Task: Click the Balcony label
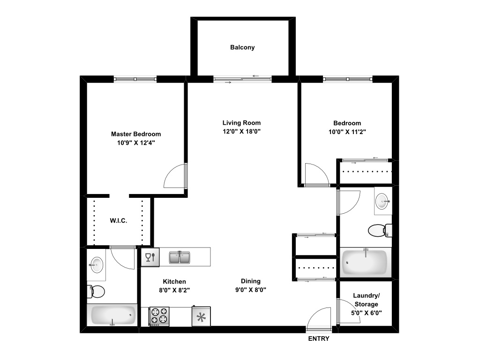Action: (x=242, y=47)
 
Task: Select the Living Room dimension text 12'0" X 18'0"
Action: (x=241, y=131)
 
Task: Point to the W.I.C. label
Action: (x=119, y=220)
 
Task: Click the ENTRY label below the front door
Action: (x=318, y=339)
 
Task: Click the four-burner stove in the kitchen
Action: (x=159, y=316)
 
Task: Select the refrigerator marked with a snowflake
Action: (x=201, y=316)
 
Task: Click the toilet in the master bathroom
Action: (x=96, y=291)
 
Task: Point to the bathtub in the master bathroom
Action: (x=112, y=315)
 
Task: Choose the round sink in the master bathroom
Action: (x=96, y=265)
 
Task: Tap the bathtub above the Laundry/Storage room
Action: (x=365, y=262)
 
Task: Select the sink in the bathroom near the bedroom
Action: (x=383, y=201)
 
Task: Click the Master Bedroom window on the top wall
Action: (x=135, y=79)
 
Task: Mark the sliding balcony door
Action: (x=242, y=79)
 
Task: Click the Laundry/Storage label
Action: (x=367, y=300)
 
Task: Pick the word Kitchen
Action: (x=174, y=281)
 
